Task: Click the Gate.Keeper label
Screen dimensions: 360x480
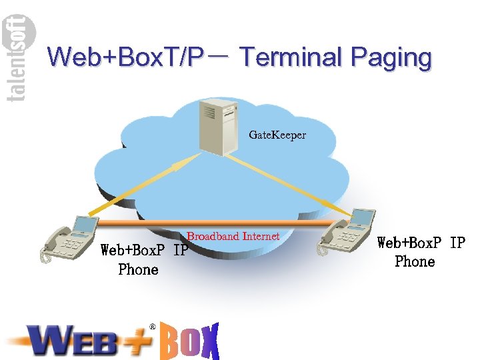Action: [x=277, y=135]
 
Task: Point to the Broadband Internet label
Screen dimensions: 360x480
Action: [x=233, y=236]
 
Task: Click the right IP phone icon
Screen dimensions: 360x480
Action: [x=347, y=231]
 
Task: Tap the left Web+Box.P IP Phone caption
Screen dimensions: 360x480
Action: [x=143, y=260]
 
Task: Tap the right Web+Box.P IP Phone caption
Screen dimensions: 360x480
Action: [x=420, y=252]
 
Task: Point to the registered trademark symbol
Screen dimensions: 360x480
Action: [x=152, y=327]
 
